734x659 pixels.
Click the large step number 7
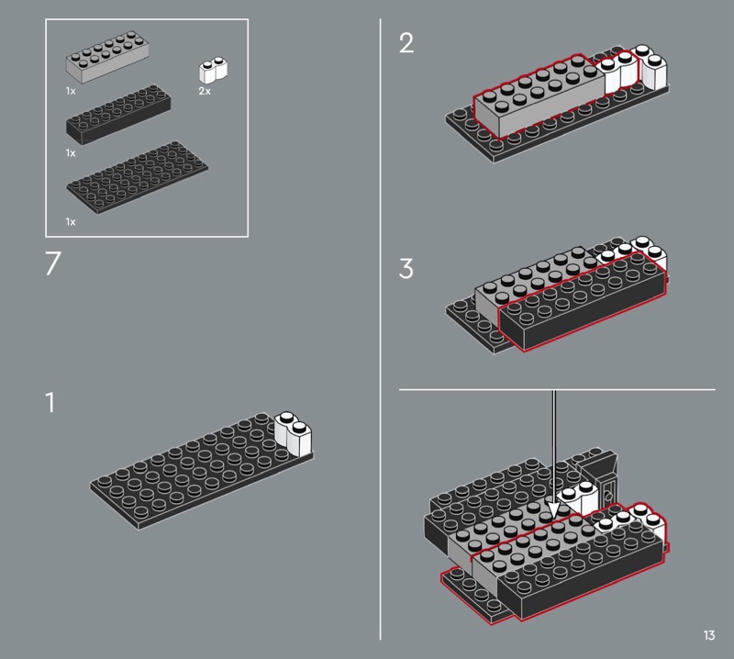point(53,263)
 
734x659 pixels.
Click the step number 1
point(50,402)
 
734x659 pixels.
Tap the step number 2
point(406,43)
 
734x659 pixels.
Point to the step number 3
point(406,269)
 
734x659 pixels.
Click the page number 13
point(708,635)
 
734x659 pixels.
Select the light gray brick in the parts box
point(107,57)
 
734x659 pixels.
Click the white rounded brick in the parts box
point(214,70)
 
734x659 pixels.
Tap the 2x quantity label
point(205,91)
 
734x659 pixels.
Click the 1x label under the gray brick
point(71,91)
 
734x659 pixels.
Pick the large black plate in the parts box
point(137,177)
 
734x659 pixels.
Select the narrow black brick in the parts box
point(118,115)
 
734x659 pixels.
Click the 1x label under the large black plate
point(71,221)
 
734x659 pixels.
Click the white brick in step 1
point(293,433)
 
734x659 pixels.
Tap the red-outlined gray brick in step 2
point(539,96)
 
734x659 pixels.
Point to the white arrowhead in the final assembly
point(554,512)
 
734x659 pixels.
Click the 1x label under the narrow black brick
point(71,152)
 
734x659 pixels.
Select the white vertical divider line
point(380,329)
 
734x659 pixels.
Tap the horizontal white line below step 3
point(557,389)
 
